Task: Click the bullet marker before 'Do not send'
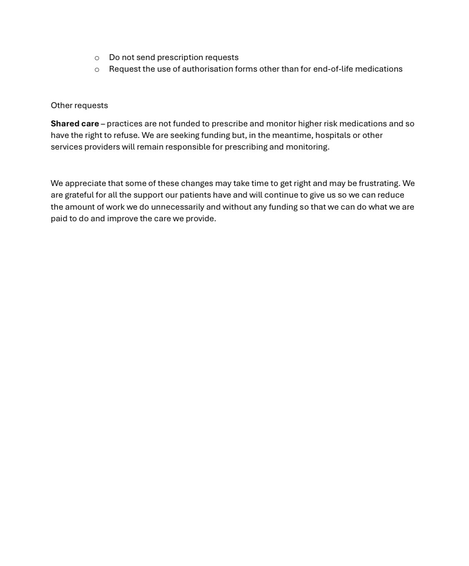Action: (x=97, y=58)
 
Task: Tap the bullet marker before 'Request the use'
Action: (x=97, y=70)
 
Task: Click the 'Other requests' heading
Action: (x=79, y=105)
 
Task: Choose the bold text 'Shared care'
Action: (x=75, y=123)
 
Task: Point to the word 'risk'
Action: (x=330, y=123)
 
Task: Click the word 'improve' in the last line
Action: (x=122, y=219)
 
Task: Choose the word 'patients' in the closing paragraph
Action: (x=195, y=195)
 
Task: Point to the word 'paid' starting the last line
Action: (x=58, y=219)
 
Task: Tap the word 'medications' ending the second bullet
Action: (x=379, y=69)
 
